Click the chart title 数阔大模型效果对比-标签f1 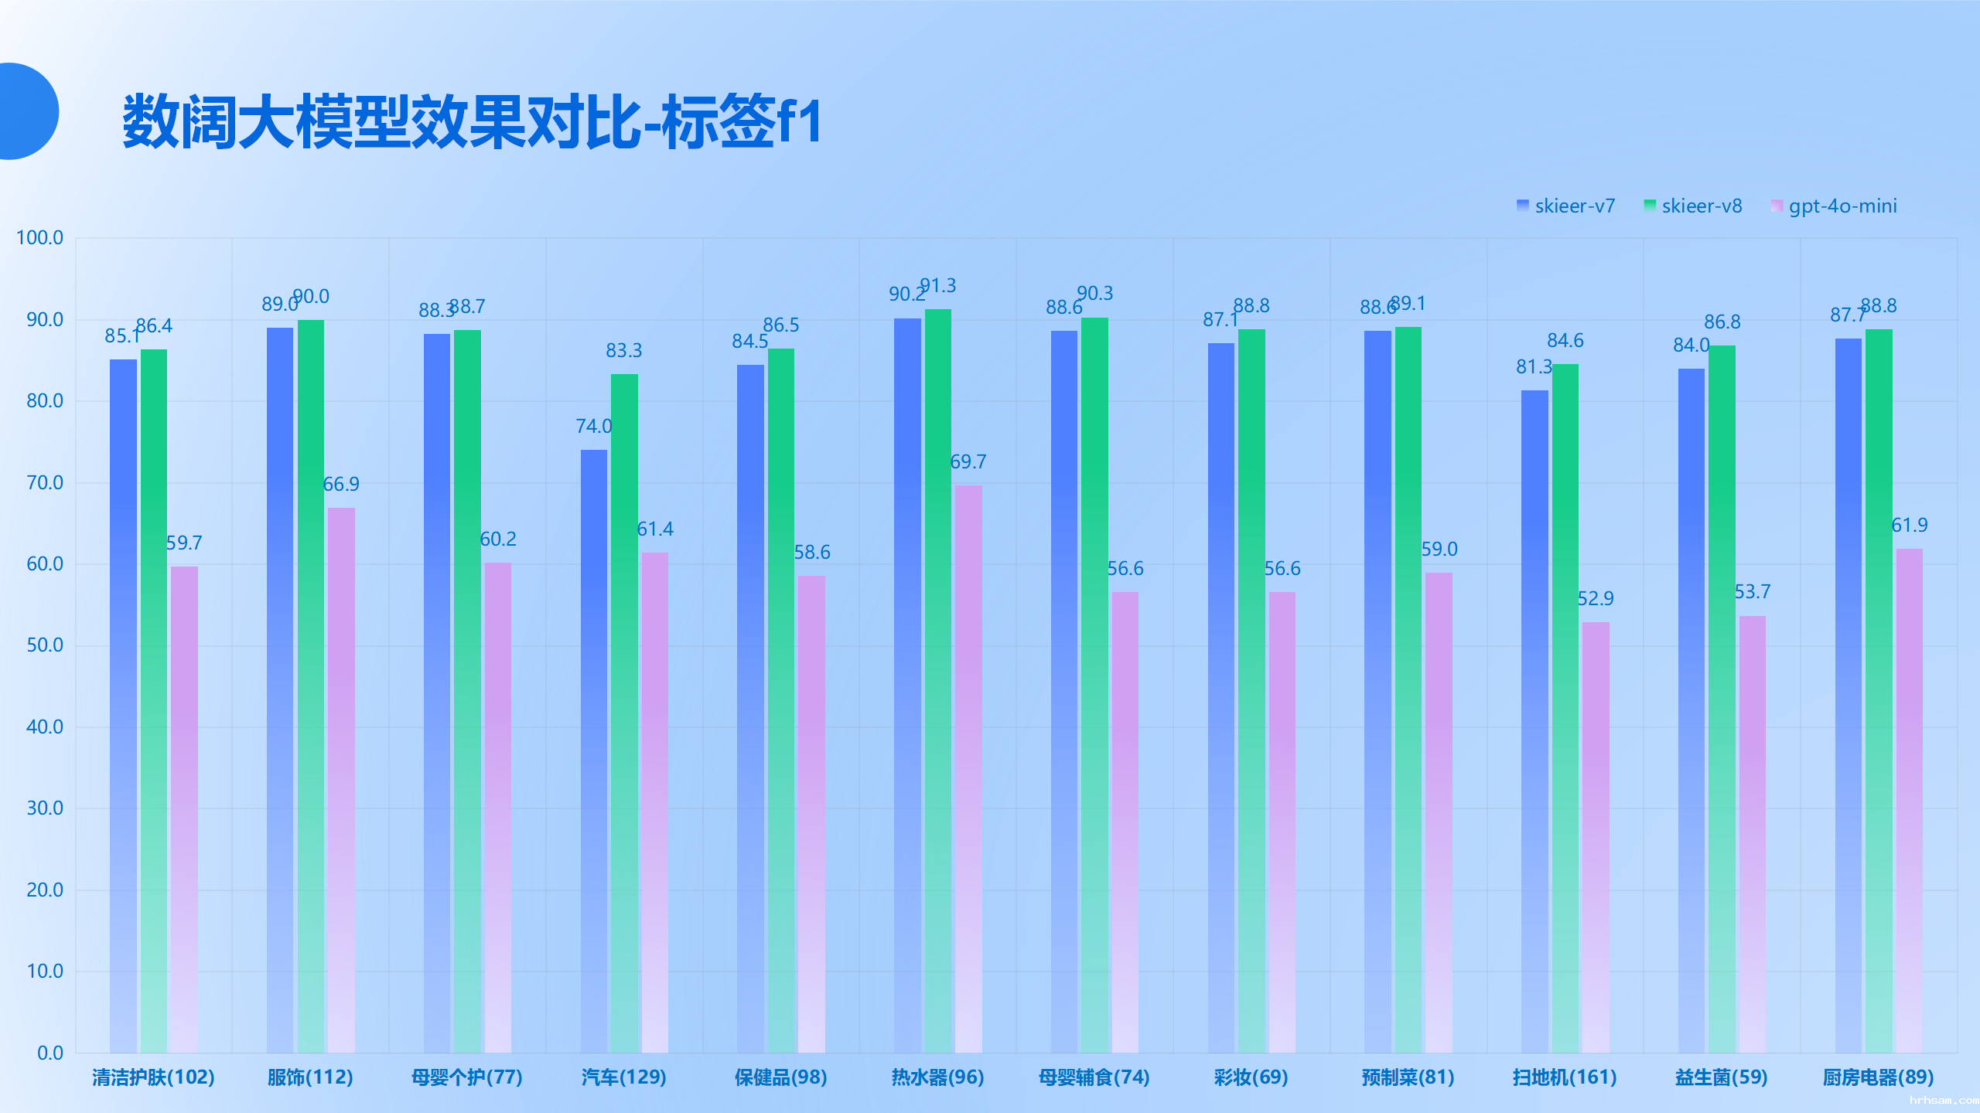click(472, 121)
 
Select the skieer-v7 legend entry click(1566, 206)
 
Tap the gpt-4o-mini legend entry click(1834, 206)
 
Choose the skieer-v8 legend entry click(1693, 206)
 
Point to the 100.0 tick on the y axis click(40, 238)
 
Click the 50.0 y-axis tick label click(45, 645)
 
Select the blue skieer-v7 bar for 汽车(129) click(593, 750)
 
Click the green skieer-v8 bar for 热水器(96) click(937, 680)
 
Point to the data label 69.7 click(968, 462)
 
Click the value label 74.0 click(593, 427)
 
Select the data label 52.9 click(1596, 599)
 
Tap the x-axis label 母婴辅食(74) click(1094, 1077)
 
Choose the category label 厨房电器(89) click(1878, 1077)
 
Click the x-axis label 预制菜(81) click(1408, 1077)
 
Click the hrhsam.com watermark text click(1943, 1100)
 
